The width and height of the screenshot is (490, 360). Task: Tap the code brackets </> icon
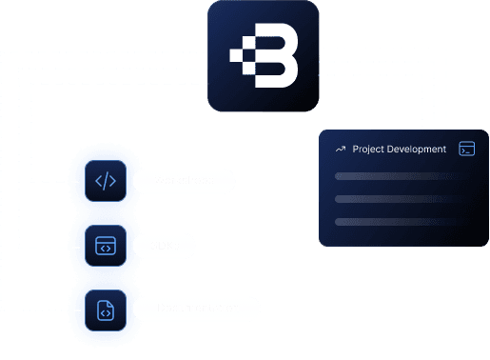click(x=106, y=181)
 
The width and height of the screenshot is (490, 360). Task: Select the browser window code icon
click(x=106, y=246)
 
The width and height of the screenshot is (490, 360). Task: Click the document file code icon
click(x=106, y=309)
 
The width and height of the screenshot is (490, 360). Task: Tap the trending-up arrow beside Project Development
click(x=340, y=150)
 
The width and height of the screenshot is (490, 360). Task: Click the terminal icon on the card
click(x=465, y=149)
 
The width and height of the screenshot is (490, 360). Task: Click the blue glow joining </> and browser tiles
click(x=106, y=213)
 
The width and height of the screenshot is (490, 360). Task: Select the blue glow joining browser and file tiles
click(x=106, y=277)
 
